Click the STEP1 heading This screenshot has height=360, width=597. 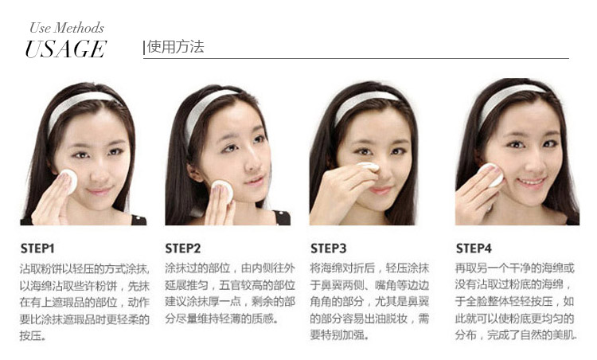tap(37, 248)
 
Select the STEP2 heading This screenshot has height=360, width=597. tap(183, 248)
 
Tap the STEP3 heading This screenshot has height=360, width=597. tap(328, 248)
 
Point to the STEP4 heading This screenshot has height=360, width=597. tap(474, 248)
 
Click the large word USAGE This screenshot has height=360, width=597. tap(65, 49)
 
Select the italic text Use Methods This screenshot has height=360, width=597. tap(67, 28)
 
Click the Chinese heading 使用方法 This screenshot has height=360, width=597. tap(176, 47)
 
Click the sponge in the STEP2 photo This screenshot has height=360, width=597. tap(222, 190)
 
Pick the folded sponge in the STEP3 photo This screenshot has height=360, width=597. tap(368, 166)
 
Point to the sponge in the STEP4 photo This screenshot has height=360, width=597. tap(494, 174)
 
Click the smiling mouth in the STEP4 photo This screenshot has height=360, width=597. tap(532, 182)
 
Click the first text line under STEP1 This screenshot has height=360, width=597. tap(84, 269)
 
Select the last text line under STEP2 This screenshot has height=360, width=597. tap(220, 319)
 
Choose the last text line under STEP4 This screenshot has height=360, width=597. tap(517, 335)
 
